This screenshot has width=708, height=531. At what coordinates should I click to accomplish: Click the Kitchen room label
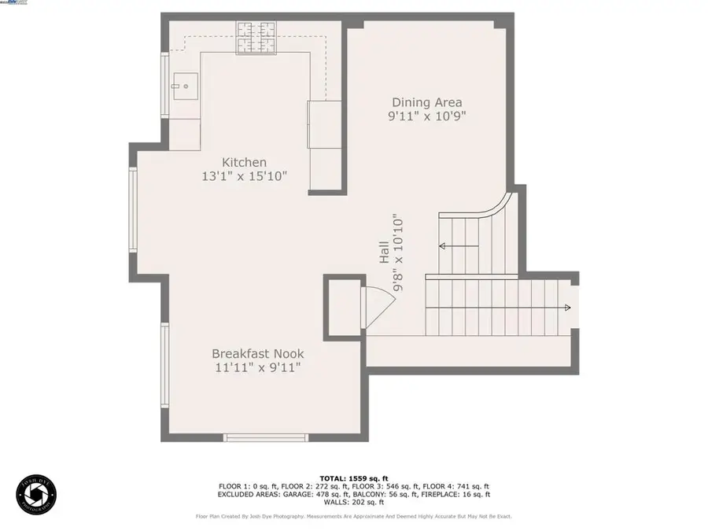click(244, 163)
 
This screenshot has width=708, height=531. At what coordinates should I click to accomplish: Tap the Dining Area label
click(427, 102)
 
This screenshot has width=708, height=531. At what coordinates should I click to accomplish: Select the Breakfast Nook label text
click(257, 354)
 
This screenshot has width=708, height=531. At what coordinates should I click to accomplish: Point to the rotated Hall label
click(384, 252)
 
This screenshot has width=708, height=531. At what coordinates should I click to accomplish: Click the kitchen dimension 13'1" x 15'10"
click(244, 177)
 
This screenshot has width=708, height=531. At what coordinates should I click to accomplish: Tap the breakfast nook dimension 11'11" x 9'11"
click(257, 367)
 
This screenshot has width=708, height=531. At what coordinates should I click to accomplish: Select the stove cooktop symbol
click(257, 39)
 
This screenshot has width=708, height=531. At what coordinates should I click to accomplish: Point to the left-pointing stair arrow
click(443, 246)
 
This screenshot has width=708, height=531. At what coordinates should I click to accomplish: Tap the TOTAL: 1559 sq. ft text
click(353, 478)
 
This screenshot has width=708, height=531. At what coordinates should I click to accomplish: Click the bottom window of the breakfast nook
click(265, 437)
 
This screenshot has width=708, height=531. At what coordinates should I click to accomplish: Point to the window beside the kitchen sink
click(165, 85)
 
